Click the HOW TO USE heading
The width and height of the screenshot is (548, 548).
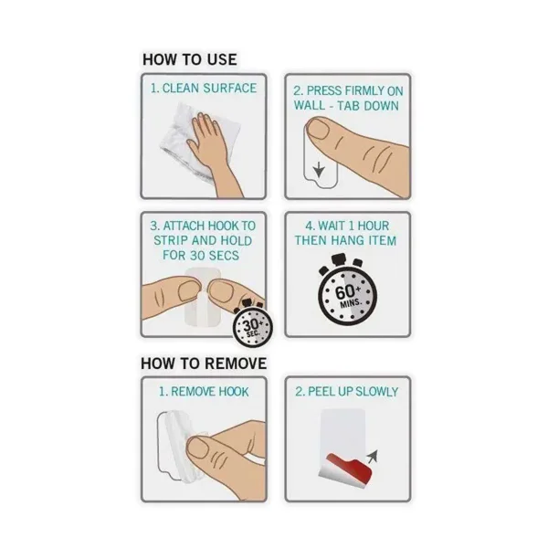[x=190, y=59]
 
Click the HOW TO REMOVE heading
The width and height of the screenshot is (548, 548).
[x=204, y=364]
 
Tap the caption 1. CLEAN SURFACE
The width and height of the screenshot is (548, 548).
[x=204, y=88]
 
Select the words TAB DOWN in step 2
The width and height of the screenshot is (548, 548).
[x=368, y=106]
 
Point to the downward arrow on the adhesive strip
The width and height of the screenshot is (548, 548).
[x=319, y=170]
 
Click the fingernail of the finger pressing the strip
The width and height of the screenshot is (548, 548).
[x=318, y=128]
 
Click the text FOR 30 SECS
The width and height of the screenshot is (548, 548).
[x=201, y=255]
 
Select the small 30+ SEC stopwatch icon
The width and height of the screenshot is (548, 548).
[x=252, y=326]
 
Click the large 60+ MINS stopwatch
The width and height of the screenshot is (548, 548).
[x=347, y=293]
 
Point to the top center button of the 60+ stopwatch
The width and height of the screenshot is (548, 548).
[x=339, y=259]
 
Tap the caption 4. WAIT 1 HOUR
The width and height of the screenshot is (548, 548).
[x=347, y=226]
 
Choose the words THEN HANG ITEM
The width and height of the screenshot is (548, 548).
[x=345, y=240]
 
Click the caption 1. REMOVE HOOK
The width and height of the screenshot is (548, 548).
[x=204, y=392]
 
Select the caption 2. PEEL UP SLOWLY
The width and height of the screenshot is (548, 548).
[x=347, y=392]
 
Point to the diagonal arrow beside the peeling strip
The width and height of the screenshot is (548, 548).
[x=372, y=457]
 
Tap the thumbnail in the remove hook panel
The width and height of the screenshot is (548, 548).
[x=199, y=448]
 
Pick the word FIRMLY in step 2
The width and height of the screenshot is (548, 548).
[x=363, y=90]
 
